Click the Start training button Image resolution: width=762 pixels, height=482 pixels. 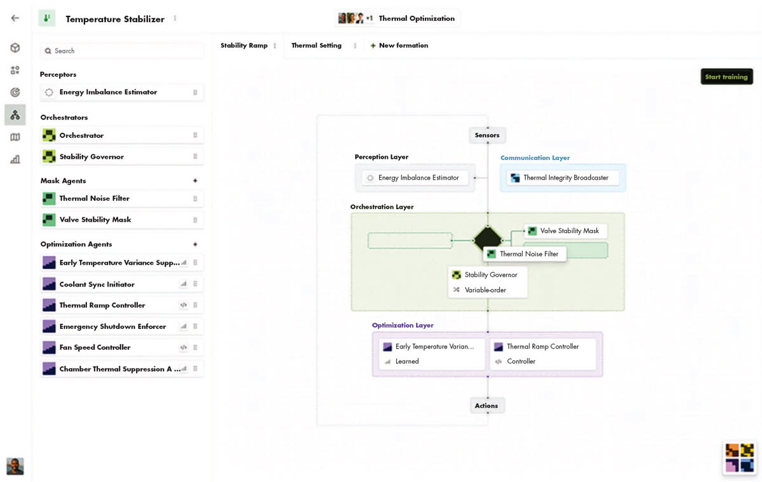(726, 77)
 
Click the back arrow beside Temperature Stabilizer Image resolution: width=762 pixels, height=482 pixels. (15, 18)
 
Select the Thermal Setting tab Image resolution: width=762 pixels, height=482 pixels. (316, 46)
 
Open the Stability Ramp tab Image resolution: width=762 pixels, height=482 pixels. (244, 46)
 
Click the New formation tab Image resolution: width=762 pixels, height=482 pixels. (399, 46)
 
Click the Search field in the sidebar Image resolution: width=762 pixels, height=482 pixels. (122, 51)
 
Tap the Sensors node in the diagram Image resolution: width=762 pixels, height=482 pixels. (487, 135)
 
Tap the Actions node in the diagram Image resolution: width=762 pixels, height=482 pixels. (486, 406)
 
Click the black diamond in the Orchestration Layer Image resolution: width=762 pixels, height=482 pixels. (487, 241)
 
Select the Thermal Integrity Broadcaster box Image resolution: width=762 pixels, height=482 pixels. (563, 178)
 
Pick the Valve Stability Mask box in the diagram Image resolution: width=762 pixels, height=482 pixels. (565, 231)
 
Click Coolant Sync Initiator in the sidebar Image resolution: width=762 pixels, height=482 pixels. (97, 285)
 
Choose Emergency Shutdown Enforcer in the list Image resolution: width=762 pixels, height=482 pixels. (112, 326)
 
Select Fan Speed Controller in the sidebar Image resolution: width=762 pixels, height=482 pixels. (95, 347)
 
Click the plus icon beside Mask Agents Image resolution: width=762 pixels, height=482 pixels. (195, 181)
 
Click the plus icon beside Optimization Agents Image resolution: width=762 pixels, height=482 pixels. (195, 244)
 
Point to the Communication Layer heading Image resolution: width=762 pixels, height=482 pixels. (535, 158)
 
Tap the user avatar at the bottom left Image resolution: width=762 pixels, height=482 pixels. (15, 466)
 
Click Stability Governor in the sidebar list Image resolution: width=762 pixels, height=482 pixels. (91, 157)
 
